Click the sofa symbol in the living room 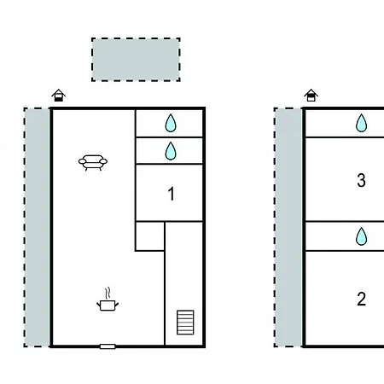[93, 162]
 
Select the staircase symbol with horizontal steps [185, 323]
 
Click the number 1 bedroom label [172, 194]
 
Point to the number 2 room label [361, 299]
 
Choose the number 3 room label [361, 180]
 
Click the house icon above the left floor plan [59, 96]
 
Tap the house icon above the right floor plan [311, 96]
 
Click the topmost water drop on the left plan [171, 123]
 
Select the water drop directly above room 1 [171, 151]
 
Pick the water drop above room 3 [361, 123]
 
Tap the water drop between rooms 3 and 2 [361, 236]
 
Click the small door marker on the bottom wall [108, 346]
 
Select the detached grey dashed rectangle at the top [136, 60]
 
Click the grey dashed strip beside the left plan [37, 227]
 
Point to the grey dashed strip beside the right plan [288, 227]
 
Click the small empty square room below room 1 [150, 236]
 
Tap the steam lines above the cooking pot [108, 294]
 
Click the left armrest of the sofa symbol [82, 161]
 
